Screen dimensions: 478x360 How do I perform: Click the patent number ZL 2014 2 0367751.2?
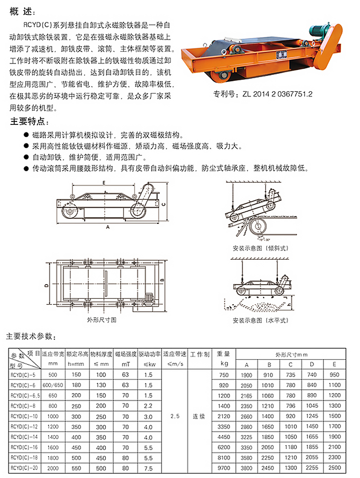263,93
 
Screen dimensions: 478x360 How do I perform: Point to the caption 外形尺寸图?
101,319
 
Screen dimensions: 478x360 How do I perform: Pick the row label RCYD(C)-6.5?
23,395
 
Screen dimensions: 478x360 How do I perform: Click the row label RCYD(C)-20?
23,469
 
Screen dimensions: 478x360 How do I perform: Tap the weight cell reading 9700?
223,469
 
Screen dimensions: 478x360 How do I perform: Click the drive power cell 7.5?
148,469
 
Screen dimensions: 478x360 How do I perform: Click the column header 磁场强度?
125,354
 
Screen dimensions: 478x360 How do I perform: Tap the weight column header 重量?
223,354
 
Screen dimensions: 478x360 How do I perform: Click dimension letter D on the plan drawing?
46,285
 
